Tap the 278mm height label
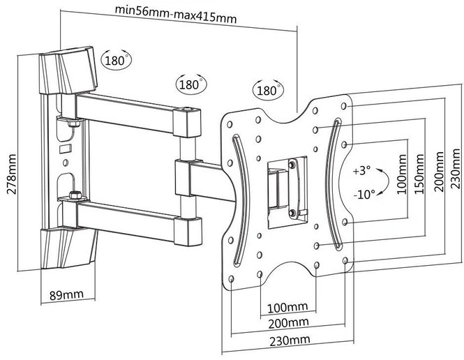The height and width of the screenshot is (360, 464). coord(12,174)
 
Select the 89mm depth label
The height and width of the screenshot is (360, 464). coord(66,295)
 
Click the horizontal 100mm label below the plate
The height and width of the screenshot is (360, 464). coord(287,308)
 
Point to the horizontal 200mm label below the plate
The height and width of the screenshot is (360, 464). coord(289,323)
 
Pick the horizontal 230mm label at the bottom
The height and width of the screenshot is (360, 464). coord(290,340)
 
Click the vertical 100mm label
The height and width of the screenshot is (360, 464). coord(402,174)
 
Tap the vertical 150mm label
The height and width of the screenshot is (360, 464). coord(419,174)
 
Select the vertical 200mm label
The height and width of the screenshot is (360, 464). coord(439,172)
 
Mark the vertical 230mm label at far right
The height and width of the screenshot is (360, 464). coord(457,169)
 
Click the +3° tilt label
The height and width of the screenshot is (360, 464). coord(361,171)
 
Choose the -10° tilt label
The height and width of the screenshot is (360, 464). coord(364,195)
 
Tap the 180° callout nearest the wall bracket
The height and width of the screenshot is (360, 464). coord(117,60)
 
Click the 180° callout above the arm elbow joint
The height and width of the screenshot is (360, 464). coord(191,84)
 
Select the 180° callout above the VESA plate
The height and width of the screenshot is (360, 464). coord(269,89)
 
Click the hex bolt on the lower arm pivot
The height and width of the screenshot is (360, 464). coord(75,195)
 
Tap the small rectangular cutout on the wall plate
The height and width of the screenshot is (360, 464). coord(66,148)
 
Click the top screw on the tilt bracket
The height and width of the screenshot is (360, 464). coord(292,163)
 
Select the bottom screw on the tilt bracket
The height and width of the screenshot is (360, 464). coord(292,212)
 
